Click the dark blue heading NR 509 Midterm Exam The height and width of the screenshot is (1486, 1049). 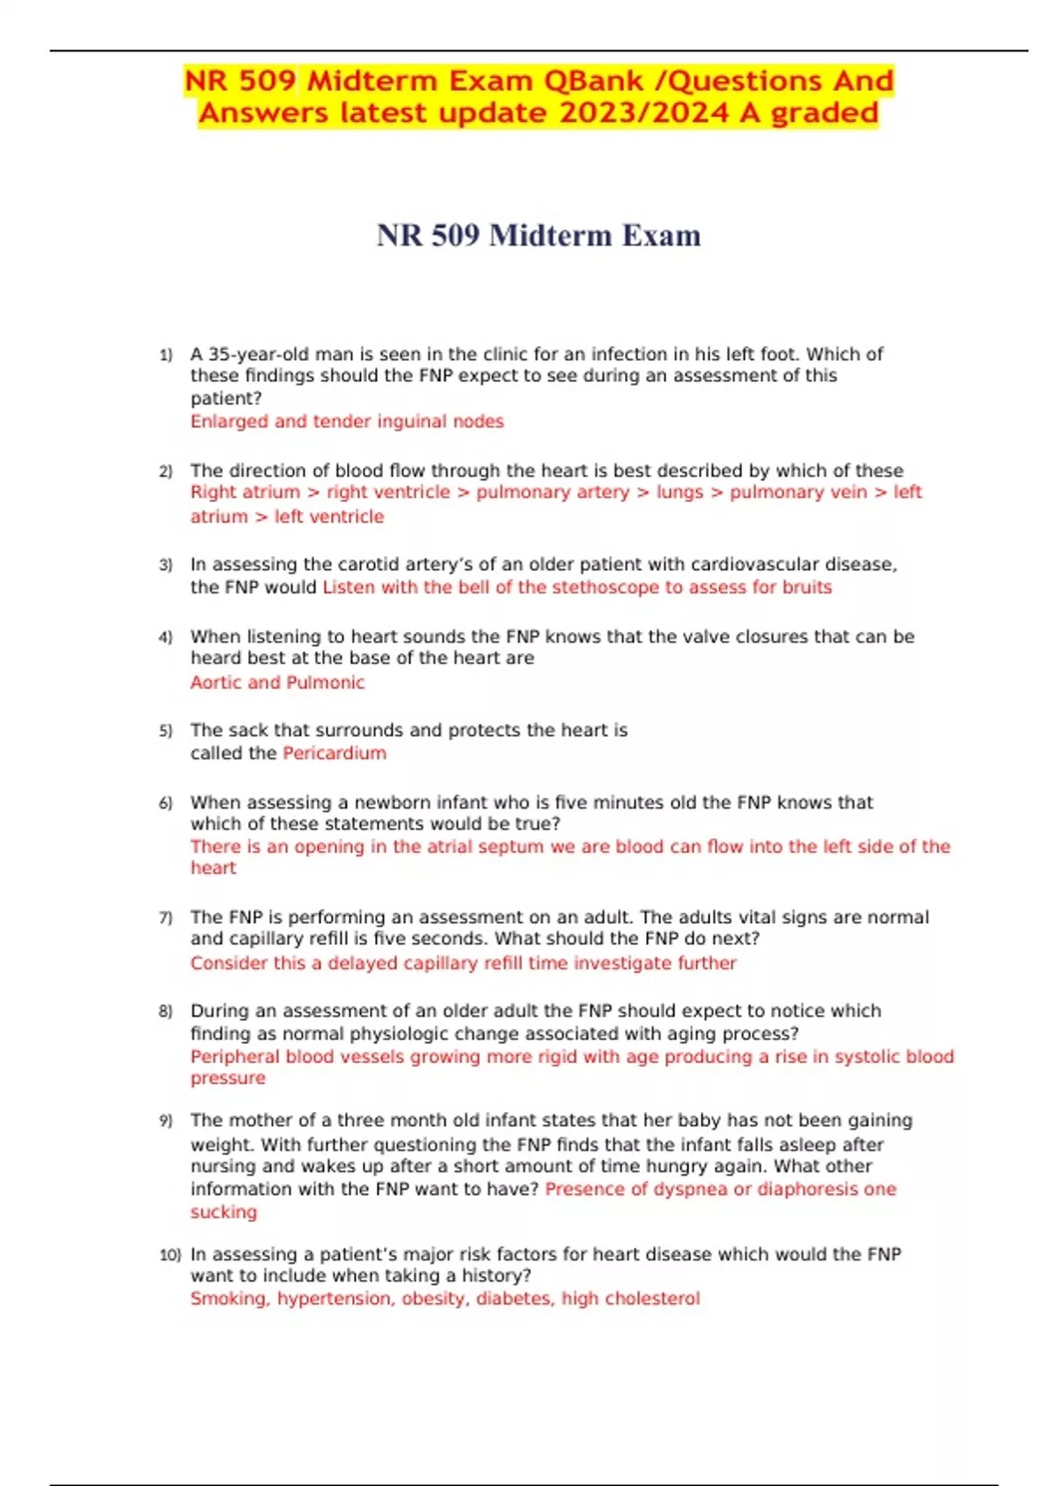click(x=538, y=235)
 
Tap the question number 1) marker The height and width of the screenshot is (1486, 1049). click(x=166, y=355)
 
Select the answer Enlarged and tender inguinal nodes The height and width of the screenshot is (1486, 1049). click(x=347, y=421)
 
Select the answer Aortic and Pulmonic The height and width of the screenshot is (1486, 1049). click(x=277, y=683)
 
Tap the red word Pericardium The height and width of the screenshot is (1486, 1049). click(x=334, y=753)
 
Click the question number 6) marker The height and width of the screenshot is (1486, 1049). click(x=166, y=803)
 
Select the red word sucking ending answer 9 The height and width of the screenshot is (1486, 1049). click(x=224, y=1212)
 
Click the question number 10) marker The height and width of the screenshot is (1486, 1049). click(x=170, y=1255)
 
